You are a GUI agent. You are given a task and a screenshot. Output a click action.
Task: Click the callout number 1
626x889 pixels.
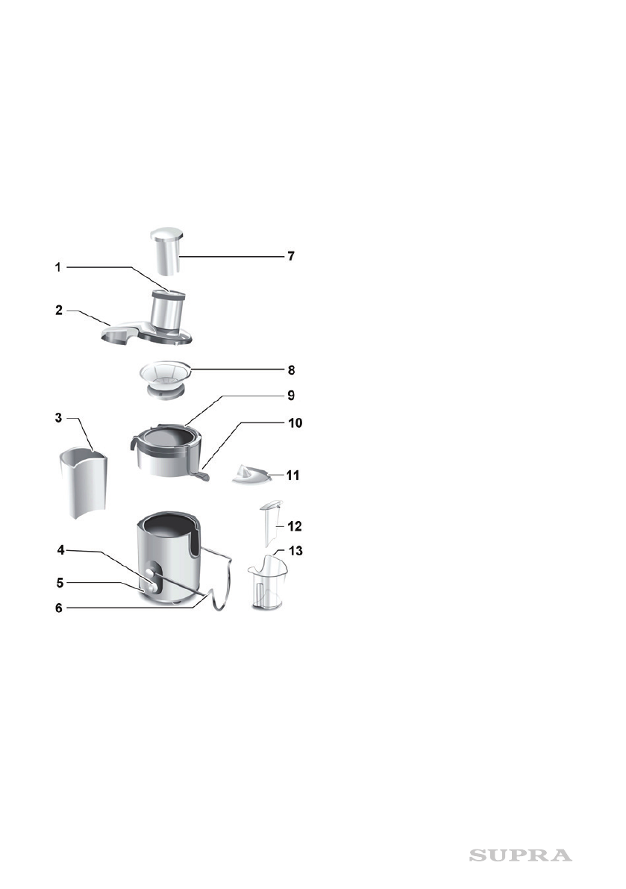(57, 266)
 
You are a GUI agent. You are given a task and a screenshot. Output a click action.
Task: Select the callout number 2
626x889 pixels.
(58, 310)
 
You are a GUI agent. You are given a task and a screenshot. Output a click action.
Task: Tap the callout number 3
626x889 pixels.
(58, 418)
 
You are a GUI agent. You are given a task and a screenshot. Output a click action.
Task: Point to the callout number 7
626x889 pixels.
(291, 256)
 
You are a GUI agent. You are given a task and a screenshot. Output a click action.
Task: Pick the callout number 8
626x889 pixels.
(291, 370)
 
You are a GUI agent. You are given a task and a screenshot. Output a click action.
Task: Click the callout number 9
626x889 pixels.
(291, 395)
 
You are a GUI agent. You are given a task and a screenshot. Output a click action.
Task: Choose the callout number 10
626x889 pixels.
(295, 423)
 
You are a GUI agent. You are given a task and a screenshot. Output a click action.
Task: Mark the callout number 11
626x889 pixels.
(292, 475)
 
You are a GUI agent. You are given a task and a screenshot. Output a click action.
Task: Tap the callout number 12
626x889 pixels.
(295, 526)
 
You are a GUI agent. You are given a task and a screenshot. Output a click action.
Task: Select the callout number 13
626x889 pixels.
(295, 551)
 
